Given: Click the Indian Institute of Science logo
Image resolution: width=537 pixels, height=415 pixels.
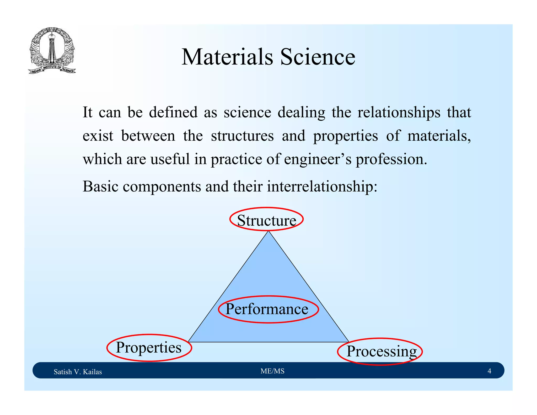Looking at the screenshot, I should [x=52, y=51].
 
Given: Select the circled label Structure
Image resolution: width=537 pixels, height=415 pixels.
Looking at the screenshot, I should [x=266, y=220].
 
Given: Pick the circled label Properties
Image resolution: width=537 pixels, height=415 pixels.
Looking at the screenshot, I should [x=149, y=348].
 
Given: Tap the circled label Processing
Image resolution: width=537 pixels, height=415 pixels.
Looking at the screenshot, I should [x=381, y=351].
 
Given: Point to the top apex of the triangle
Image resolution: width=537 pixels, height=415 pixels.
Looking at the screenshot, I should [x=268, y=232].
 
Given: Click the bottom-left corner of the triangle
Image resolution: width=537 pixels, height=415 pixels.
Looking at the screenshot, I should [x=189, y=342].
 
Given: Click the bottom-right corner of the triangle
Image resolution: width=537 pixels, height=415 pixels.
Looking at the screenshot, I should [x=348, y=342].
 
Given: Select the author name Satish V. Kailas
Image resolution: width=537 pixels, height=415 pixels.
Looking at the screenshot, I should [x=78, y=372].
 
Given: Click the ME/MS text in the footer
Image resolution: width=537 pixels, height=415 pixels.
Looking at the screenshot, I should [x=272, y=371].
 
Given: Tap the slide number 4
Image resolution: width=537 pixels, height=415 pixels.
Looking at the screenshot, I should [x=489, y=371].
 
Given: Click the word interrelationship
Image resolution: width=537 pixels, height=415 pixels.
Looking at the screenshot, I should [x=322, y=187].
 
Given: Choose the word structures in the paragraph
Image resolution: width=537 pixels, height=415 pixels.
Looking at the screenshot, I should [x=242, y=136].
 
